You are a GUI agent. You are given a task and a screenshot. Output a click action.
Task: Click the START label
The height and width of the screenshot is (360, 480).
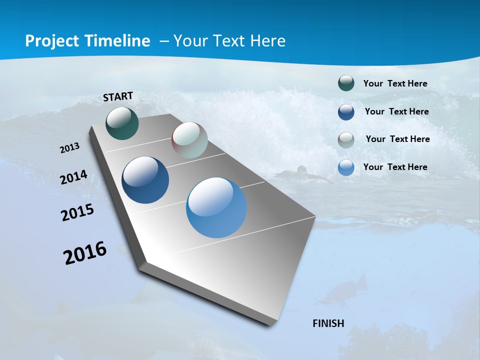pyautogui.click(x=118, y=96)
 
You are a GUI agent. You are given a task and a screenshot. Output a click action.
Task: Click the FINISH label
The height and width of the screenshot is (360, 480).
pyautogui.click(x=328, y=323)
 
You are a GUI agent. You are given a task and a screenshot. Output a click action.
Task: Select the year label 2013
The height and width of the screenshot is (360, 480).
pyautogui.click(x=69, y=148)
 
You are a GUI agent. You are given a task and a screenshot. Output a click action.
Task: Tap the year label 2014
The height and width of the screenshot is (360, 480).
pyautogui.click(x=73, y=177)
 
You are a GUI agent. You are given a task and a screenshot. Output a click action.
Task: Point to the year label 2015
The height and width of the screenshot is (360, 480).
pyautogui.click(x=77, y=212)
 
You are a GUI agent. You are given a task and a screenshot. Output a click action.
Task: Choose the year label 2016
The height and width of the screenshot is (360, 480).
pyautogui.click(x=85, y=253)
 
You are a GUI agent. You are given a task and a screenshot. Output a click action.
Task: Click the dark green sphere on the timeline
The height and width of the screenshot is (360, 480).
pyautogui.click(x=122, y=123)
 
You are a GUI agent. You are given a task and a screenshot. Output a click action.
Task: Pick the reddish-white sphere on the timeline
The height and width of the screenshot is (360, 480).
pyautogui.click(x=189, y=140)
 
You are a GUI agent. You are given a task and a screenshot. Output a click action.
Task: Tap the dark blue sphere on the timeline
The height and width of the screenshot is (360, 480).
pyautogui.click(x=145, y=180)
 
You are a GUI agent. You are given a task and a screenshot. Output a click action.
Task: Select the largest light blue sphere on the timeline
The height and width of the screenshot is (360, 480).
pyautogui.click(x=216, y=207)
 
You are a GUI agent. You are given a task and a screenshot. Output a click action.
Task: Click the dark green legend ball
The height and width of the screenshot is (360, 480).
pyautogui.click(x=346, y=83)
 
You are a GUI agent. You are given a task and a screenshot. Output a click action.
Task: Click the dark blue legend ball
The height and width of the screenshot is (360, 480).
pyautogui.click(x=346, y=112)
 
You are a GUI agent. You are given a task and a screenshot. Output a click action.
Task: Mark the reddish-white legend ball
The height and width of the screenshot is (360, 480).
pyautogui.click(x=346, y=139)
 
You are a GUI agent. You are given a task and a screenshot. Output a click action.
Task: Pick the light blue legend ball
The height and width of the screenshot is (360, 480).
pyautogui.click(x=346, y=167)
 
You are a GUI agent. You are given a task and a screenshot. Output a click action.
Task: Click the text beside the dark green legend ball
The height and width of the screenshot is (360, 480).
pyautogui.click(x=395, y=83)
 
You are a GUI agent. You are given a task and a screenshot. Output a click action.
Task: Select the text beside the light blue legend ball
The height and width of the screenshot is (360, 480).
pyautogui.click(x=395, y=167)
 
